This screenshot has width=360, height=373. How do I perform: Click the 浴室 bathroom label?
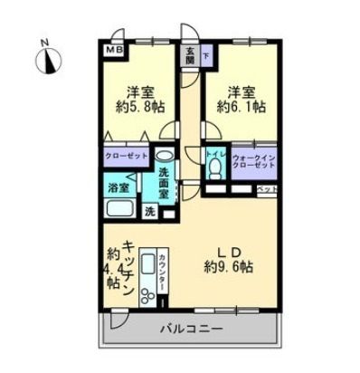(118, 188)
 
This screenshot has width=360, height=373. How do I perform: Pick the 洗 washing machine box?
(150, 211)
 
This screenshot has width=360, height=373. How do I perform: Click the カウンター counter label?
(161, 272)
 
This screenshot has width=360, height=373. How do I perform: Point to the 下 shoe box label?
(204, 55)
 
